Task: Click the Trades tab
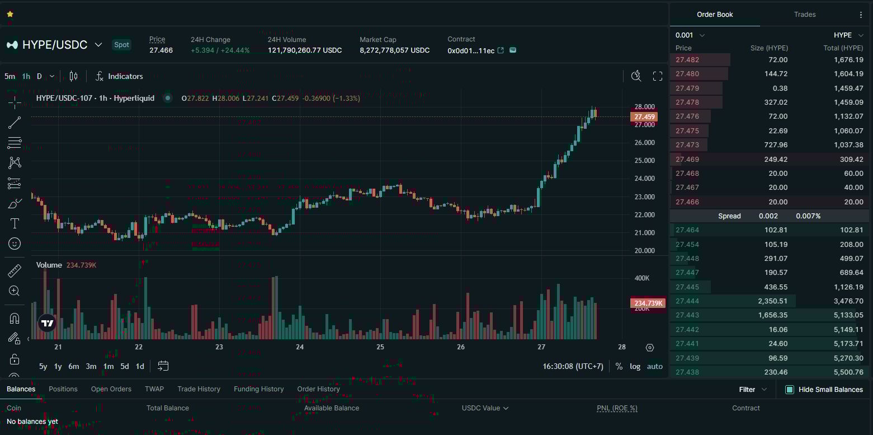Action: click(804, 15)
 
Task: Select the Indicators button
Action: click(119, 76)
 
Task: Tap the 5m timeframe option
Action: click(10, 76)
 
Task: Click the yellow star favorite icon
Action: click(10, 14)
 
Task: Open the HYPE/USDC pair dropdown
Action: click(98, 45)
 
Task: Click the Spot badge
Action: click(121, 45)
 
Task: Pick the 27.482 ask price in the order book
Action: click(687, 60)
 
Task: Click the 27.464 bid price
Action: click(687, 230)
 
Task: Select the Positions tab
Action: click(63, 389)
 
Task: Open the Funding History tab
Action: click(258, 389)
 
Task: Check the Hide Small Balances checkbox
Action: click(790, 390)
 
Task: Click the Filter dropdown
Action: click(753, 390)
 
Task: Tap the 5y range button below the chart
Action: click(43, 366)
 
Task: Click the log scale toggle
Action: click(635, 366)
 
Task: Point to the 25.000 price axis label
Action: click(644, 161)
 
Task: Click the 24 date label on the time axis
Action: click(300, 347)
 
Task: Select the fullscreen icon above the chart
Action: click(658, 76)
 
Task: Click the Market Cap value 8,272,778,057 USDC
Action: click(394, 50)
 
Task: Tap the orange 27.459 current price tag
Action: click(644, 117)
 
